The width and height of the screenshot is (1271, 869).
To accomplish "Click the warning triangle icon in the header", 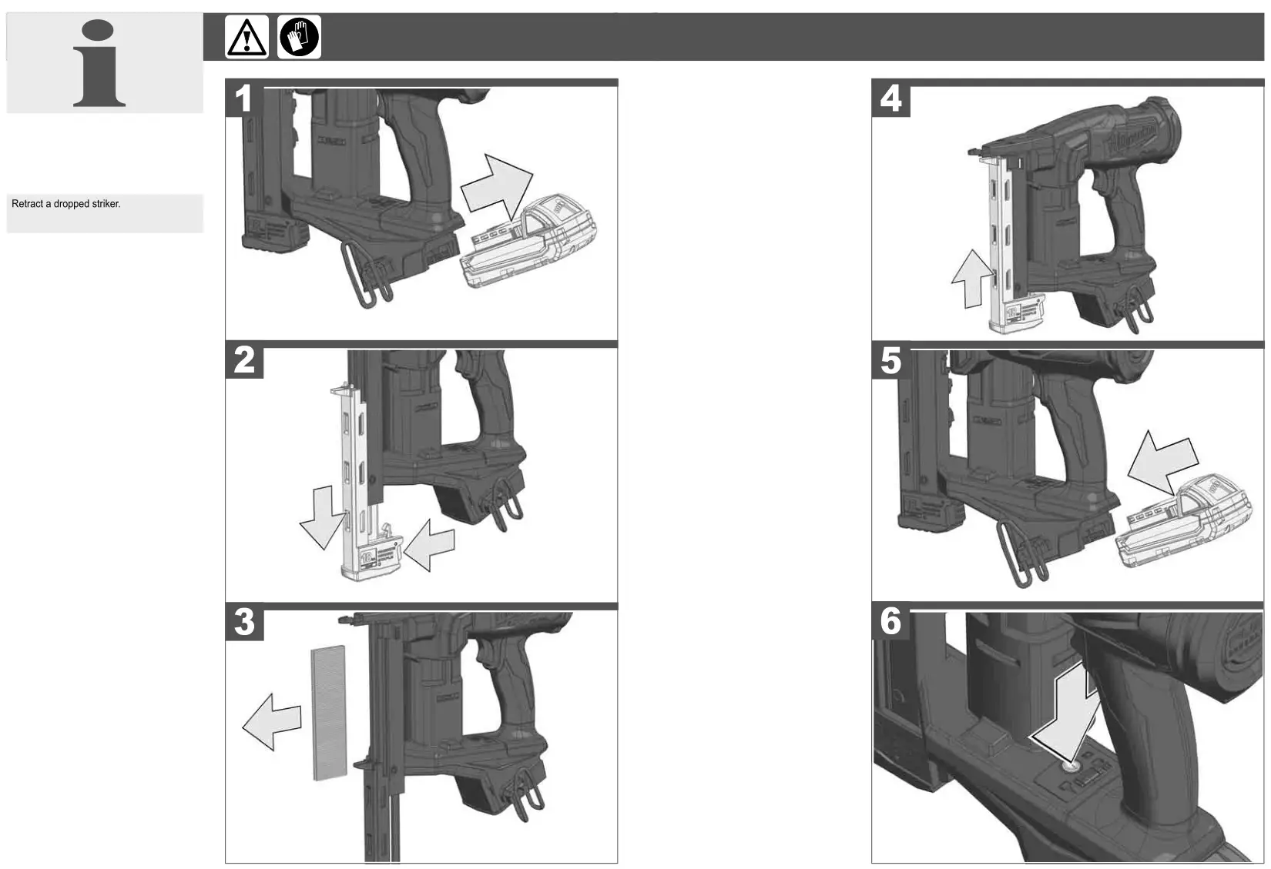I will [246, 37].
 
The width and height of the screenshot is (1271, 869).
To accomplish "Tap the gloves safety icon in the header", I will [299, 37].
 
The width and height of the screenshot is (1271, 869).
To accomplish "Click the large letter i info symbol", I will [100, 65].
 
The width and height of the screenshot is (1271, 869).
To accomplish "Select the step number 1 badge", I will [244, 99].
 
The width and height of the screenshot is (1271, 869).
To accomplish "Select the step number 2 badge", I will [244, 360].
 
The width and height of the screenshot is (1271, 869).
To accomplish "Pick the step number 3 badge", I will [244, 622].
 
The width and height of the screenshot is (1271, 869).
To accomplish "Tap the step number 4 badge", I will [890, 99].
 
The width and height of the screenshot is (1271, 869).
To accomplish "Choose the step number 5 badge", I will [890, 360].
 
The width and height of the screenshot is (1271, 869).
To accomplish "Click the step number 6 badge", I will [890, 622].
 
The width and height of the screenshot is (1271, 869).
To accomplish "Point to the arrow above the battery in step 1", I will [497, 189].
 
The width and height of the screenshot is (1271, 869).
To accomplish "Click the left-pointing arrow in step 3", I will [271, 720].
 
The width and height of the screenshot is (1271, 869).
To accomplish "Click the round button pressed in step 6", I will [1069, 765].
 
